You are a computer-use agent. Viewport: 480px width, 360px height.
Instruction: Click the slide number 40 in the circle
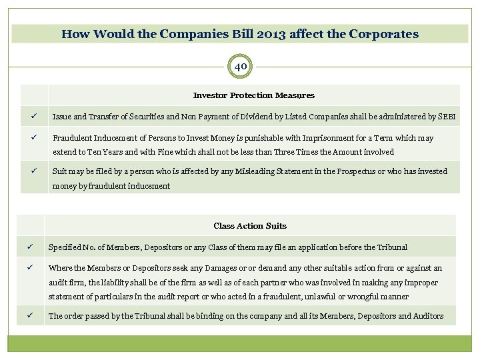240,67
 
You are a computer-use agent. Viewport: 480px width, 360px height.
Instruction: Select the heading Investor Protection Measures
253,95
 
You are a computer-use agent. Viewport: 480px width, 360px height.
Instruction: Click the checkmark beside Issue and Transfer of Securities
31,117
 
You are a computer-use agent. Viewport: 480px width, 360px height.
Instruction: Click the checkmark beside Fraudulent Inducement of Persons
31,138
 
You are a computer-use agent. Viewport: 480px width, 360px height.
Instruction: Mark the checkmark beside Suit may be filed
31,171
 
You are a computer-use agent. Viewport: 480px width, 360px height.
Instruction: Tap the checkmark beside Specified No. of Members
29,247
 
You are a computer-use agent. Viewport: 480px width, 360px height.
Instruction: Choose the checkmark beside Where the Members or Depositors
29,268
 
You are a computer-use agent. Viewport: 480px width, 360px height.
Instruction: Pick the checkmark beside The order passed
29,316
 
